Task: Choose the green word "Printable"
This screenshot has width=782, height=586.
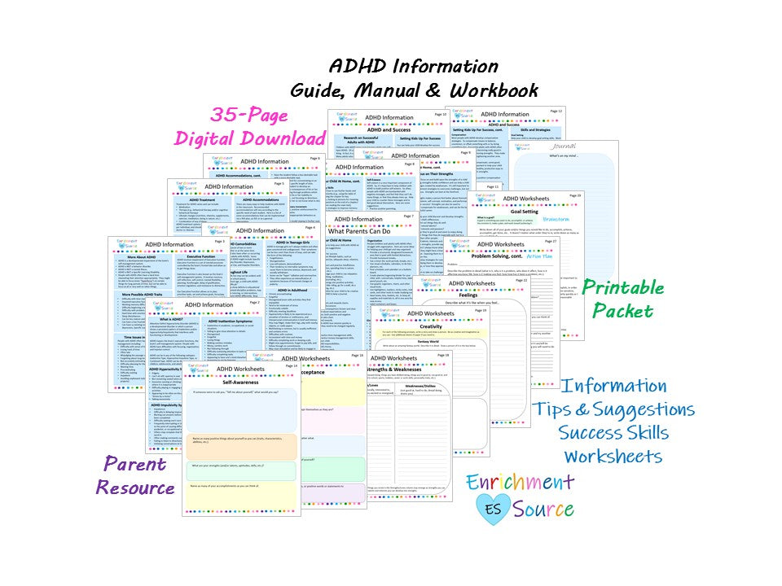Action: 622,287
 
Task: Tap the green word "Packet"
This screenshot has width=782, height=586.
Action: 622,311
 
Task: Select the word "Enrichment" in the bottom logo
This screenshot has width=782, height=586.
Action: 520,482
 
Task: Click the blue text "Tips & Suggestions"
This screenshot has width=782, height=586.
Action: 613,409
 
